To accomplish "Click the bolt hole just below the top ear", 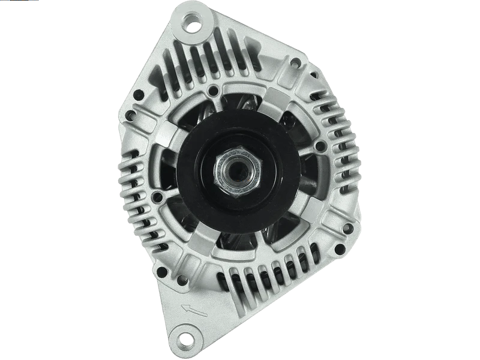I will pos(213,91).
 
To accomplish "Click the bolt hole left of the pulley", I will pos(157,196).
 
